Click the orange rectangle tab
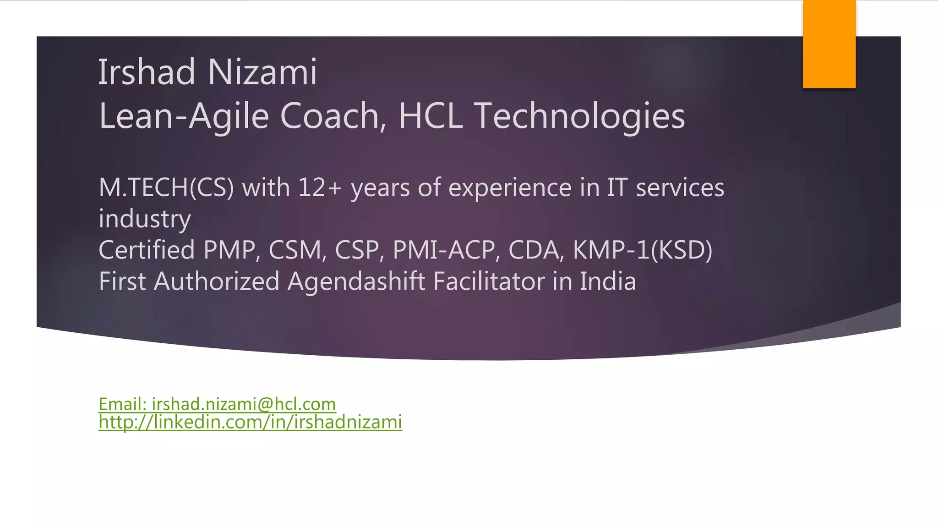[x=829, y=44]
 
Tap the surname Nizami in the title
[x=262, y=72]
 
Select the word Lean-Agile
[x=183, y=116]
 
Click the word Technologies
[x=579, y=116]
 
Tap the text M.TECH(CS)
[x=166, y=188]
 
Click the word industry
[x=145, y=219]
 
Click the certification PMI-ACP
[x=444, y=250]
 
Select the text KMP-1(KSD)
[x=642, y=250]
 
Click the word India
[x=608, y=281]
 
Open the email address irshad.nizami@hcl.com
[x=244, y=404]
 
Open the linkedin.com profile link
[x=250, y=422]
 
